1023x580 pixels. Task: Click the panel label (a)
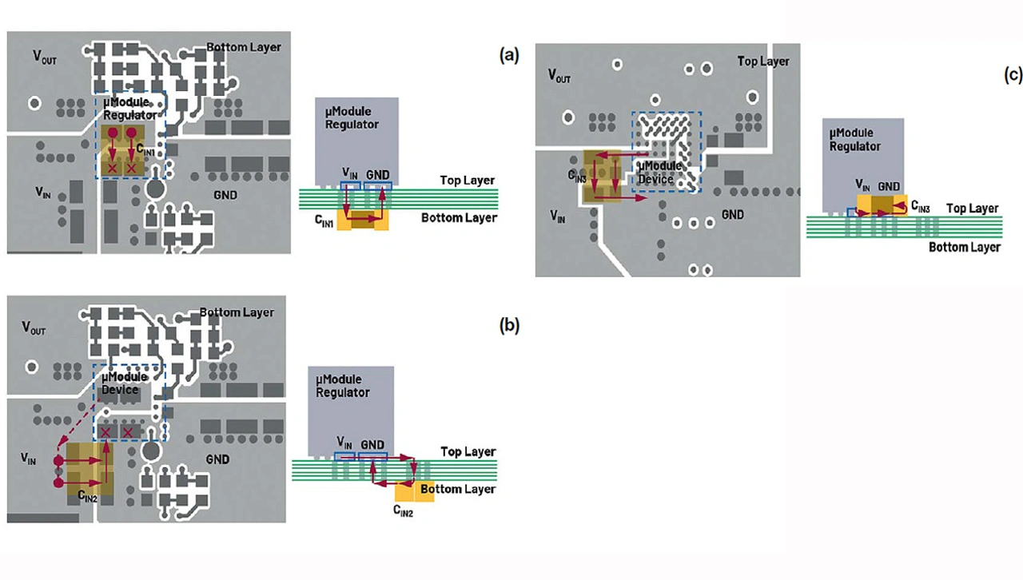[509, 55]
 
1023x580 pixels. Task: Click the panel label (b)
[509, 325]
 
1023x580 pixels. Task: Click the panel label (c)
[1013, 75]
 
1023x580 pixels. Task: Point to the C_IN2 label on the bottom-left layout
[88, 496]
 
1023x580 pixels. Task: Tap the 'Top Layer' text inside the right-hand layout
[762, 62]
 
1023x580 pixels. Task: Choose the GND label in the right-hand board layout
[732, 214]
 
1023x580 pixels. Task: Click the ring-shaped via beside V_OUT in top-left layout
[34, 103]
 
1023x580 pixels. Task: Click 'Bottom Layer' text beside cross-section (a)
[459, 217]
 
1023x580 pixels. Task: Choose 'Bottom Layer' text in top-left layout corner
[244, 47]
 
